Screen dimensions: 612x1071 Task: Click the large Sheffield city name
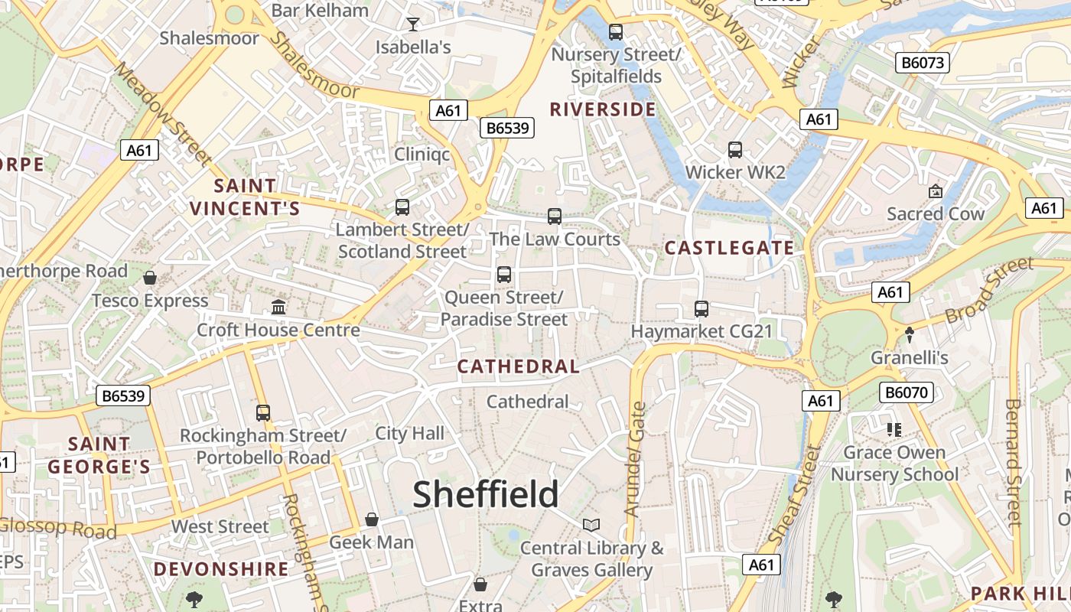click(x=487, y=494)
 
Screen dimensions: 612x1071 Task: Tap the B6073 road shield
click(x=922, y=63)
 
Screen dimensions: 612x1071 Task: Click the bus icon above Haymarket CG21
click(x=702, y=309)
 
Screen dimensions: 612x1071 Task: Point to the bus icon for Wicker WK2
click(x=735, y=150)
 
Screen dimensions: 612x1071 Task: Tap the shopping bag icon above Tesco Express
click(x=150, y=278)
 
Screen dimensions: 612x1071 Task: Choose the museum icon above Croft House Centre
click(x=278, y=308)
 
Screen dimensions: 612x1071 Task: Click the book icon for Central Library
click(x=591, y=525)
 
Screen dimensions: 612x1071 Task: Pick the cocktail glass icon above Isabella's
click(x=413, y=24)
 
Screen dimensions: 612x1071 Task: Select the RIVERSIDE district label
click(x=603, y=109)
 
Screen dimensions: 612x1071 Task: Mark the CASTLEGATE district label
click(x=729, y=248)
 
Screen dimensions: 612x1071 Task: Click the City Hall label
click(x=409, y=433)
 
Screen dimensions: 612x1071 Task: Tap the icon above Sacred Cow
click(x=935, y=191)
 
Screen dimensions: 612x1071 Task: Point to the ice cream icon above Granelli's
click(x=910, y=334)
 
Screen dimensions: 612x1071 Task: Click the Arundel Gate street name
click(x=635, y=459)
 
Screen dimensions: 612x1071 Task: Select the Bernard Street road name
click(x=1014, y=463)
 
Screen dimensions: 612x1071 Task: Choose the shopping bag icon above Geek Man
click(x=372, y=520)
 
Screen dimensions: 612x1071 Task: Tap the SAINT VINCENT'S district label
click(x=245, y=197)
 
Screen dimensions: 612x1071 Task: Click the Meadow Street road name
click(x=162, y=114)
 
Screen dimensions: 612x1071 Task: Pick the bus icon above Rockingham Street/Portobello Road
click(x=263, y=413)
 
